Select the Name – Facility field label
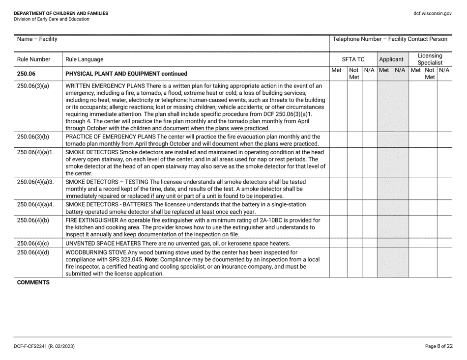click(37, 39)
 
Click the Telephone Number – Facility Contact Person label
click(390, 39)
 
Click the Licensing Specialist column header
click(430, 59)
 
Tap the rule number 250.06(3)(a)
click(33, 86)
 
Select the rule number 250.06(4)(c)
click(33, 243)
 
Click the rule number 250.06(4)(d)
click(33, 252)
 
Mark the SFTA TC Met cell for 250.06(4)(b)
click(337, 227)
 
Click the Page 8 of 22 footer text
click(438, 346)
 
